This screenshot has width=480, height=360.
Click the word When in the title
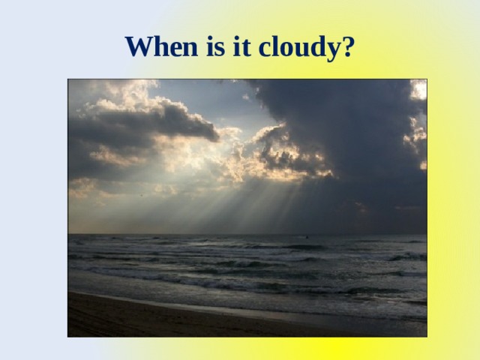click(x=158, y=46)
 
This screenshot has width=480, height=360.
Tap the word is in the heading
click(x=211, y=46)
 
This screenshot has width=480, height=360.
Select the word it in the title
click(x=238, y=46)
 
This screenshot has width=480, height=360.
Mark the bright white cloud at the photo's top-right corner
click(x=418, y=90)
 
